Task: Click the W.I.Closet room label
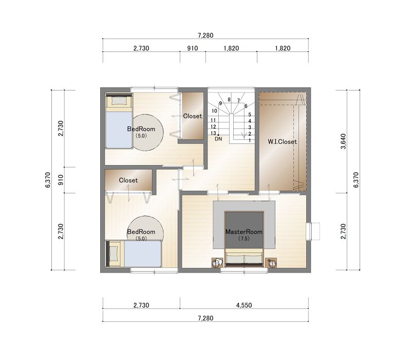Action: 282,142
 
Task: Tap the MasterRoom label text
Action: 244,232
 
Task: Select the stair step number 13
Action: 213,133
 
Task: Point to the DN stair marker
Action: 218,139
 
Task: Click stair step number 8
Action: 229,100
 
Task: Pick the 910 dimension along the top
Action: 192,48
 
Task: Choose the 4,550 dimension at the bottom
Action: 244,305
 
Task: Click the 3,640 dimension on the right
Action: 343,141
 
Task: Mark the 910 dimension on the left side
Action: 61,180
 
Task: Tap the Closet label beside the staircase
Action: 192,116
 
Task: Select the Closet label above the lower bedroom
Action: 128,181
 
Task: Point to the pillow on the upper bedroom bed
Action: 119,100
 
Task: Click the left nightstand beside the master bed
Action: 217,263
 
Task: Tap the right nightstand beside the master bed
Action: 271,263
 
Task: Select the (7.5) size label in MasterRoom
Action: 244,239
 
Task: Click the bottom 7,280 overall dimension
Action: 206,318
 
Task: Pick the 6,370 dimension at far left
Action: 48,180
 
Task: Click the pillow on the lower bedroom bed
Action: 114,254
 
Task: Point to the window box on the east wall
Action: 313,231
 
